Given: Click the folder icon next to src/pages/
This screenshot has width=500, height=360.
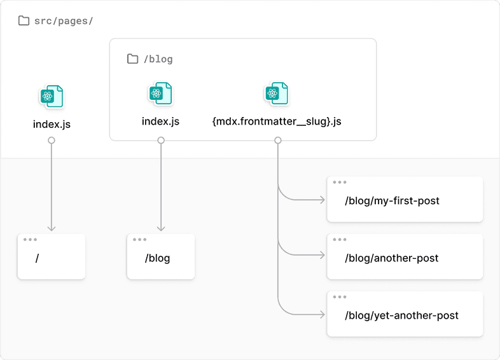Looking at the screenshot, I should [24, 21].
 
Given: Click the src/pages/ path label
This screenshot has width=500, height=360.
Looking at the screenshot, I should [64, 21].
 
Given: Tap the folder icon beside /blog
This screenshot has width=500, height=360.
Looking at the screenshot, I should [132, 59].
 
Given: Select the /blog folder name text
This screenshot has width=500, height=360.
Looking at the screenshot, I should [158, 59].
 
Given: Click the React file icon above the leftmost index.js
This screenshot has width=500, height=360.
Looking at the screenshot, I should [52, 97].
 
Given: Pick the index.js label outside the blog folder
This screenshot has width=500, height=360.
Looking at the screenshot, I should [52, 124].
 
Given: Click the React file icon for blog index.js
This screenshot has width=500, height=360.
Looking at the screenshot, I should [160, 93].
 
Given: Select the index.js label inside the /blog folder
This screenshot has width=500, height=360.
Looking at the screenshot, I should [160, 121].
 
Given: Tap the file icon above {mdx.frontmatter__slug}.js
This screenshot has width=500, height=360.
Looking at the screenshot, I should [277, 93].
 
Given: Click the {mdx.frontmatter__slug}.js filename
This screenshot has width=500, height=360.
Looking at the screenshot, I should [277, 121].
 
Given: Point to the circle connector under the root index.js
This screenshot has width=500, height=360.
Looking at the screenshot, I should [52, 141].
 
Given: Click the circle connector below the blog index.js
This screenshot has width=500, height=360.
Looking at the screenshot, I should [161, 141].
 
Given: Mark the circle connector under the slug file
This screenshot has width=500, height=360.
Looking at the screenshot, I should [278, 141].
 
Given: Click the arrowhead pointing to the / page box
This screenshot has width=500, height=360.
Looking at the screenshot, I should [52, 228].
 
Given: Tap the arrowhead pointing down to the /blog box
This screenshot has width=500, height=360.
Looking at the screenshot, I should [161, 228].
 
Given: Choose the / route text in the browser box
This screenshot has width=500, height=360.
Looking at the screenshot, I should [38, 258].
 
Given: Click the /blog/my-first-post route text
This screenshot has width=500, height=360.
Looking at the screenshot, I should [392, 201].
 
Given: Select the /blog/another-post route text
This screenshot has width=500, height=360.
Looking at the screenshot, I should [391, 258].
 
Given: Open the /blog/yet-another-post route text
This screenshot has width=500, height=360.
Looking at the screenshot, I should [401, 315].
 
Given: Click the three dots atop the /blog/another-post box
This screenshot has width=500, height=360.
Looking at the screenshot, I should [340, 240].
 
